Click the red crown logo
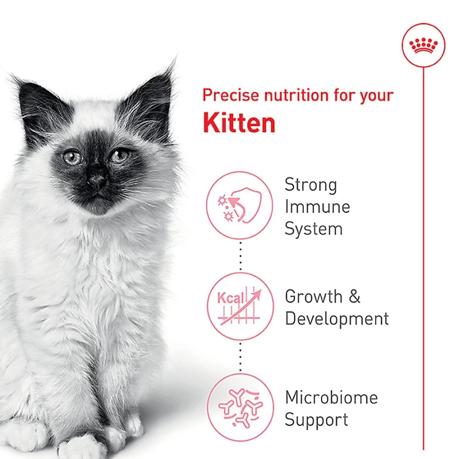click(x=423, y=45)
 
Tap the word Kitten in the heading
click(x=239, y=123)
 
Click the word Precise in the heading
click(x=231, y=95)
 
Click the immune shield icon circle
click(x=240, y=205)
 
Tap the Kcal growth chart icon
click(x=240, y=306)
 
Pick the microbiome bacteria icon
click(x=240, y=407)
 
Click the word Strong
click(x=311, y=185)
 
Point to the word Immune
click(x=317, y=207)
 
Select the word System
click(x=314, y=229)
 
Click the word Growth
click(x=314, y=296)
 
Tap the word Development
click(x=337, y=319)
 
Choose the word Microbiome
click(x=331, y=397)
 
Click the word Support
click(x=316, y=420)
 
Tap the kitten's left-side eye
click(x=73, y=157)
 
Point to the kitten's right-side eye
click(x=119, y=155)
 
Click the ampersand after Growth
click(x=354, y=296)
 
